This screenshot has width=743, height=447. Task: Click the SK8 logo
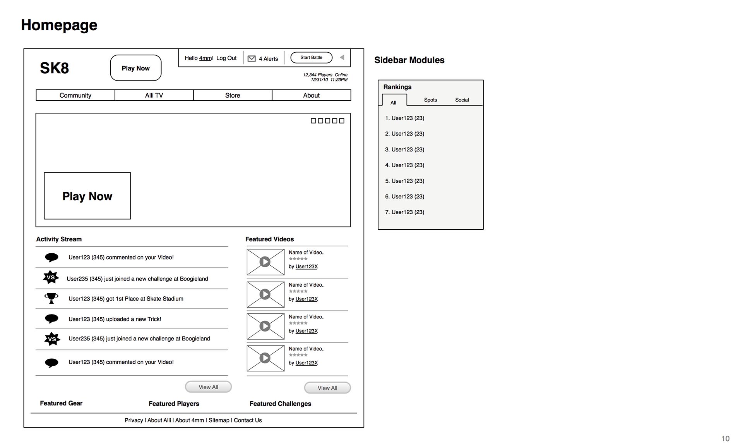[55, 68]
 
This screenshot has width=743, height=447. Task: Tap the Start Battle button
[311, 58]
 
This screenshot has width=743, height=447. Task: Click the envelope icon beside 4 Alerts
[252, 58]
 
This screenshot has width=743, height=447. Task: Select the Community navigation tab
[75, 95]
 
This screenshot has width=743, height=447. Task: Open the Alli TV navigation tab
[154, 95]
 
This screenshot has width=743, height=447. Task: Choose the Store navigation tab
[233, 95]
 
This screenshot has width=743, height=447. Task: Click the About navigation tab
[311, 95]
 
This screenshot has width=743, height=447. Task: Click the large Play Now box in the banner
[87, 196]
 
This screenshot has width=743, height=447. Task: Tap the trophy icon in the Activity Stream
[51, 298]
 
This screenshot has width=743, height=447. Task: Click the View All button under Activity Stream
[208, 387]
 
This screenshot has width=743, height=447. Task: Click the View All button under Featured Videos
[327, 388]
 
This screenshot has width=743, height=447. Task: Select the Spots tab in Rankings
[430, 100]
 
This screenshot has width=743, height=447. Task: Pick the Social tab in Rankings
[462, 100]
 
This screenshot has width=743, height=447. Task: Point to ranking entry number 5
[405, 181]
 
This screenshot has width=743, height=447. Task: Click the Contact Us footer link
[248, 420]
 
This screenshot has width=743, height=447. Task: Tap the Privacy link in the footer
[134, 420]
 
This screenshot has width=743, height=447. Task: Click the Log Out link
[226, 58]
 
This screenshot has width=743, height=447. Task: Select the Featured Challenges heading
[280, 404]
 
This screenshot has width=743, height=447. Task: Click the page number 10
[725, 438]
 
